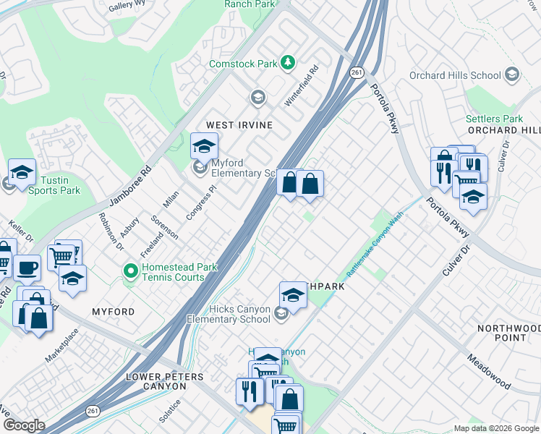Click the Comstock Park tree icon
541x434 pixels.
click(x=289, y=63)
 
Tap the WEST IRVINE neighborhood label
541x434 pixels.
click(x=239, y=125)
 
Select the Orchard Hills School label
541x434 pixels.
click(x=455, y=75)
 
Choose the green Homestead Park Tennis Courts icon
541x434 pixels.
click(x=131, y=272)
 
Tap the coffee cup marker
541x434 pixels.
click(x=27, y=267)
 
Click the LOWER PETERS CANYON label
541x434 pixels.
click(x=165, y=377)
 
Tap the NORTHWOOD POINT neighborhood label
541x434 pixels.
click(x=508, y=333)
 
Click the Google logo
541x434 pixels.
click(x=23, y=425)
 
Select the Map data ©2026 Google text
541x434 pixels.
click(x=496, y=428)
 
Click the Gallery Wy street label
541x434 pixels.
click(x=128, y=7)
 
